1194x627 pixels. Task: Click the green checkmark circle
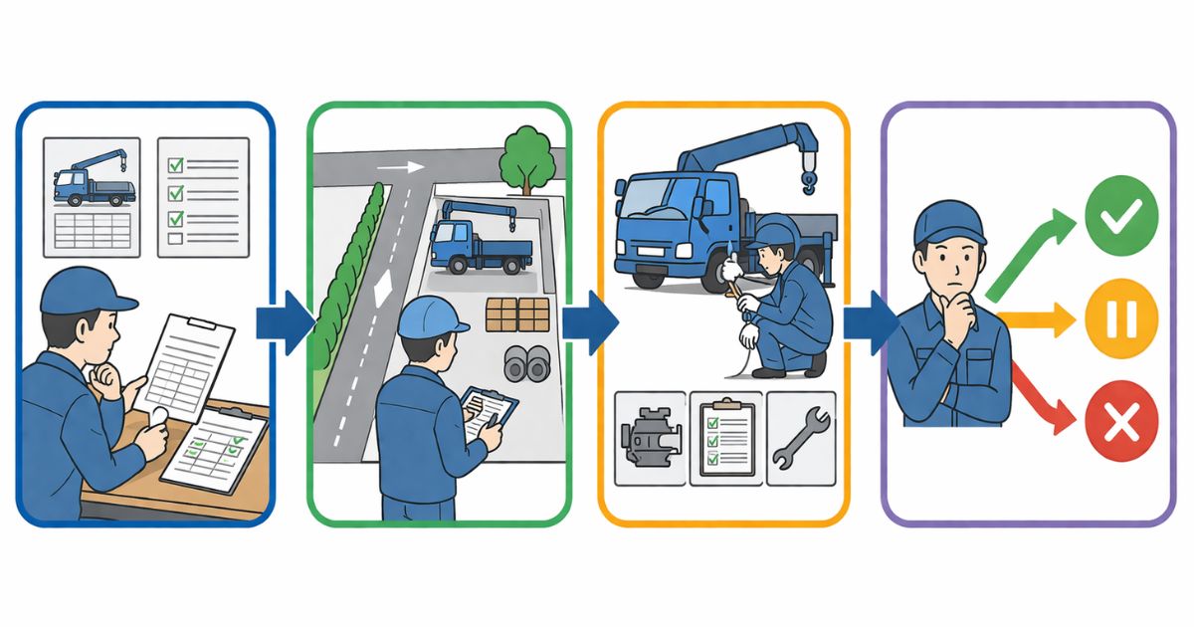(1121, 214)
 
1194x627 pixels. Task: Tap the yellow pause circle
(1121, 319)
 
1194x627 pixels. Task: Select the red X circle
(1121, 426)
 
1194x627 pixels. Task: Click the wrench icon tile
(801, 438)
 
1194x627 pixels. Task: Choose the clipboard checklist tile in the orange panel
(725, 438)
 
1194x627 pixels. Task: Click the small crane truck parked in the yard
(481, 239)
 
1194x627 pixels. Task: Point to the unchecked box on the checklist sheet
(175, 239)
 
